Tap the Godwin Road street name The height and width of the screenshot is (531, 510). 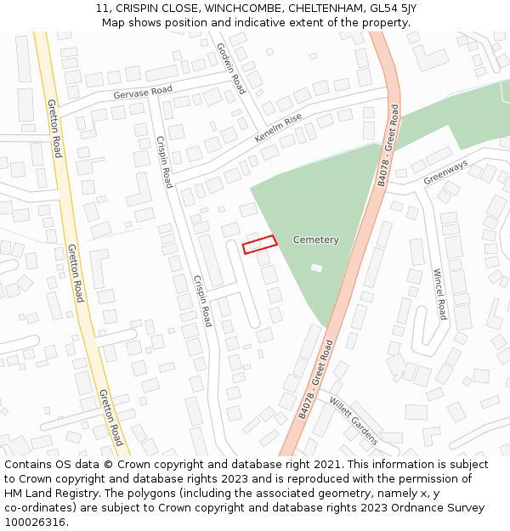pyautogui.click(x=230, y=68)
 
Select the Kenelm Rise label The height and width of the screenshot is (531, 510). pyautogui.click(x=278, y=128)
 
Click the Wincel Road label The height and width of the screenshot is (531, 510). pyautogui.click(x=439, y=294)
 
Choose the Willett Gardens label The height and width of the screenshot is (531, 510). pyautogui.click(x=353, y=421)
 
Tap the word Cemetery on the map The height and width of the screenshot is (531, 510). pyautogui.click(x=315, y=240)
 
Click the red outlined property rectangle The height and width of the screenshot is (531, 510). pyautogui.click(x=260, y=245)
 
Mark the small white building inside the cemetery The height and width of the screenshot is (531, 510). pyautogui.click(x=317, y=268)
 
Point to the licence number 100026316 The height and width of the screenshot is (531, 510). pyautogui.click(x=37, y=523)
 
